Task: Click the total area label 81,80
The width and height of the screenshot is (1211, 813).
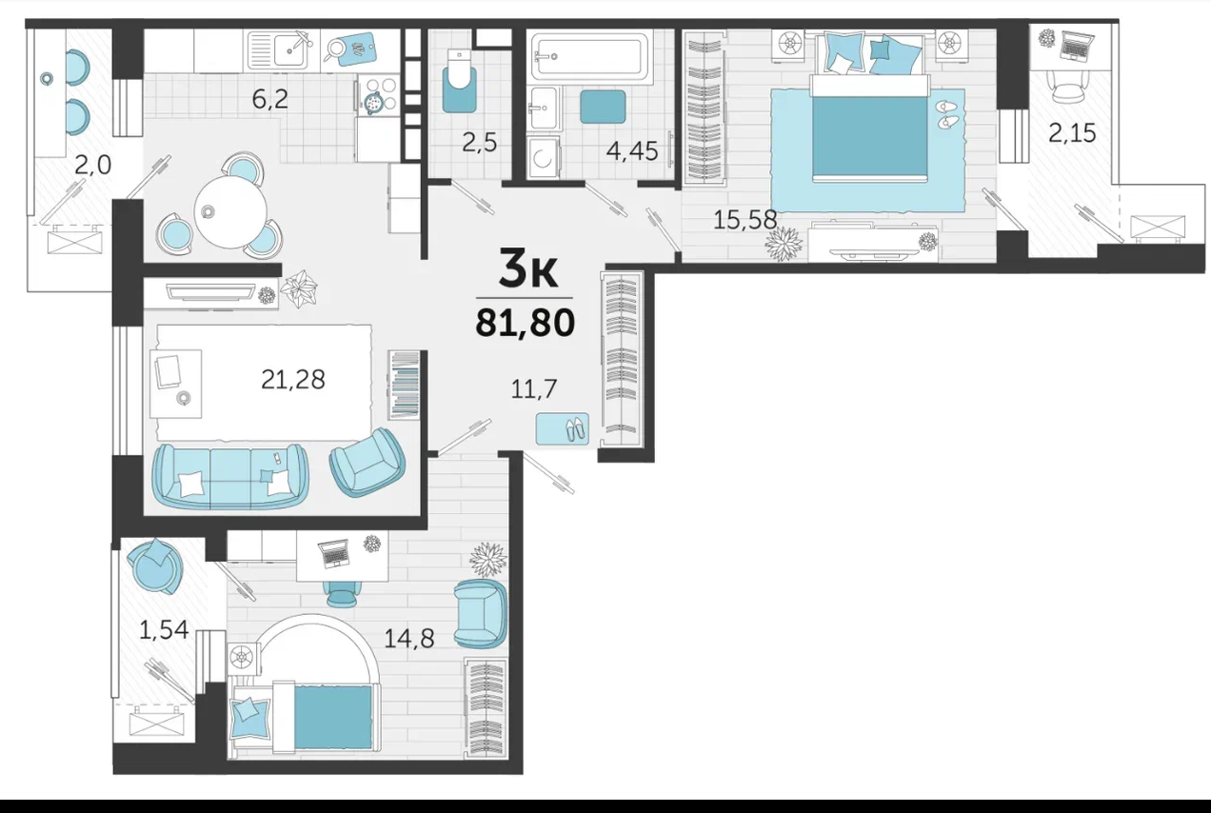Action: tap(525, 324)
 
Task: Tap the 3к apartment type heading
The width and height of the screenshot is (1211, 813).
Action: tap(527, 268)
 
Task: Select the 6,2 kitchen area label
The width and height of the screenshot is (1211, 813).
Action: tap(270, 99)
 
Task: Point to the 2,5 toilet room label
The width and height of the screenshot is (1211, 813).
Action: tap(480, 143)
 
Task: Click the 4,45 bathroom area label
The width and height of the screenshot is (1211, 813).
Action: tap(632, 150)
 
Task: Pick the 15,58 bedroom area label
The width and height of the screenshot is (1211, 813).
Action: tap(745, 220)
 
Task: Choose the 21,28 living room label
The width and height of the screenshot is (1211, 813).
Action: tap(293, 380)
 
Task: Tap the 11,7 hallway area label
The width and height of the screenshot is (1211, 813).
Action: tap(533, 388)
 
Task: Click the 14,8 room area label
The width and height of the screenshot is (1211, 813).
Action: tap(409, 639)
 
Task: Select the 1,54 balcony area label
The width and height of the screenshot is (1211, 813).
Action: tap(164, 630)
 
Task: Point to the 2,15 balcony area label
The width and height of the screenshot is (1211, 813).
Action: tap(1072, 133)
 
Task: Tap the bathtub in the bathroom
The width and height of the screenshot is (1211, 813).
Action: tap(589, 56)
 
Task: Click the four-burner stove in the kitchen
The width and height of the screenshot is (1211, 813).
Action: tap(378, 95)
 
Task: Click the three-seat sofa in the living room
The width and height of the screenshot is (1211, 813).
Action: tap(230, 477)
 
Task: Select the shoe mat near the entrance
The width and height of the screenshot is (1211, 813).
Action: tap(563, 429)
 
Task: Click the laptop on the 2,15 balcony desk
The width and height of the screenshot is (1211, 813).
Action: tap(1077, 46)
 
